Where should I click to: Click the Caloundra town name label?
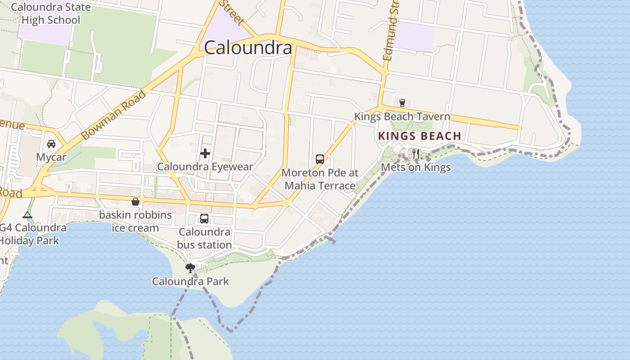click(248, 48)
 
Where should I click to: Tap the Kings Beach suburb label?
click(419, 136)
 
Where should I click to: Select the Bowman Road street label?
click(115, 115)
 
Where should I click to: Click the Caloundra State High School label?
click(50, 13)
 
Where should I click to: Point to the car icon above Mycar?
click(51, 144)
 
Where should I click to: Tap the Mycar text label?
click(51, 157)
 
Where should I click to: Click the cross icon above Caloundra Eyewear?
click(205, 153)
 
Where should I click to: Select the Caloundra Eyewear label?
click(205, 167)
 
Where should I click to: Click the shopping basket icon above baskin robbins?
click(135, 202)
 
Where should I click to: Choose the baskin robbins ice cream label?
click(135, 221)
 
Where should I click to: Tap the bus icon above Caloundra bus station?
click(204, 219)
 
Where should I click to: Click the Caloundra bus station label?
click(204, 238)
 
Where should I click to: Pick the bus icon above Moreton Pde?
click(320, 159)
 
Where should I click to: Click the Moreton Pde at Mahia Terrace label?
click(320, 179)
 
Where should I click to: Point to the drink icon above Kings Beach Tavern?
click(402, 103)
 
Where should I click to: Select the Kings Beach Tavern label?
click(402, 117)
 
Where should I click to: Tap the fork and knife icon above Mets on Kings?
click(416, 154)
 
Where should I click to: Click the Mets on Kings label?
click(416, 167)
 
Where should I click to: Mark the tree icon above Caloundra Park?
click(190, 268)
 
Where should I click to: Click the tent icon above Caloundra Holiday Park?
click(27, 215)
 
